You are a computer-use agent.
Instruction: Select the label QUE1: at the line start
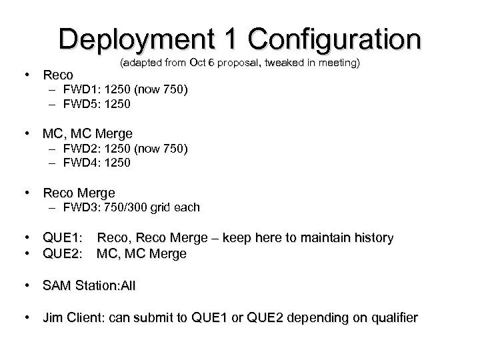point(63,238)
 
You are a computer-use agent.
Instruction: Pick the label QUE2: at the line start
point(63,254)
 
